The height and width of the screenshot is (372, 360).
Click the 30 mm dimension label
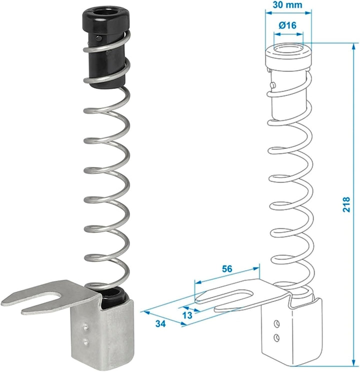[287, 5]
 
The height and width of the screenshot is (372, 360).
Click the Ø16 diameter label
[287, 25]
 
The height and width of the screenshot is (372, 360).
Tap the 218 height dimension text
[346, 204]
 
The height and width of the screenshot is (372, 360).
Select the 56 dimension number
[227, 269]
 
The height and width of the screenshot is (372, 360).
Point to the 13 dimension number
[187, 315]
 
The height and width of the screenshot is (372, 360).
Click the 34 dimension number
[160, 324]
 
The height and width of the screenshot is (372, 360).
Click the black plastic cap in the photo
[106, 47]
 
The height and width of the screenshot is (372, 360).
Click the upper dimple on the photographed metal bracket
[85, 328]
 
